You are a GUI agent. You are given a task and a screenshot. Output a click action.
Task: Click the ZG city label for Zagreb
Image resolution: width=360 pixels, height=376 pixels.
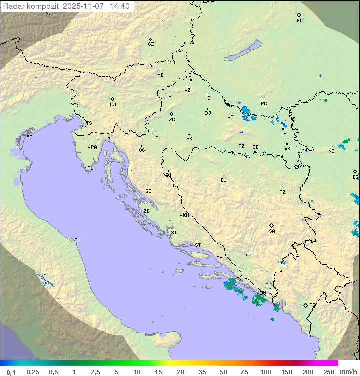point(172,120)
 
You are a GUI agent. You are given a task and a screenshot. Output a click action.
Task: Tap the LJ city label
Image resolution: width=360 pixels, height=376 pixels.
point(113,105)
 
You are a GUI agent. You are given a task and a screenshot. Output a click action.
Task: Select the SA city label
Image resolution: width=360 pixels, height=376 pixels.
point(272,231)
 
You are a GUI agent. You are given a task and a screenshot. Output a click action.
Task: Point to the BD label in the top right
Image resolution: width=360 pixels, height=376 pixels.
point(299,21)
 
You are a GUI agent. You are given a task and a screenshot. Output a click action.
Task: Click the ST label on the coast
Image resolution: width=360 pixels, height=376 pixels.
point(198,245)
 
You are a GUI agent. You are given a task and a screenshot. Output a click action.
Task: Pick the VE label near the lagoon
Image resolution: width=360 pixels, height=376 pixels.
point(29,136)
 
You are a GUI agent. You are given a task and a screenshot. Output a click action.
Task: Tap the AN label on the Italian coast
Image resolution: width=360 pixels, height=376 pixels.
point(77,240)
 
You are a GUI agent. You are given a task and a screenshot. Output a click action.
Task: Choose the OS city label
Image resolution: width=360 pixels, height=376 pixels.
point(283,134)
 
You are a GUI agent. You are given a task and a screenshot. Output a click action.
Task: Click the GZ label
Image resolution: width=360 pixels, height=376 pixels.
point(151,44)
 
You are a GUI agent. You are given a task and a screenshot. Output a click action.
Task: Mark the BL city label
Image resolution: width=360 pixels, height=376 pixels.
point(223,180)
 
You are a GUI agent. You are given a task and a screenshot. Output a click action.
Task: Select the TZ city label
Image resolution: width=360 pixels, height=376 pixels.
point(283,192)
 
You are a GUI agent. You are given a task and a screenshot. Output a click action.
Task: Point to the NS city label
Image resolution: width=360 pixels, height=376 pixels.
point(331,151)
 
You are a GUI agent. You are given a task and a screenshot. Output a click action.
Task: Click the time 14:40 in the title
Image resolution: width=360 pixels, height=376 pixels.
point(120,6)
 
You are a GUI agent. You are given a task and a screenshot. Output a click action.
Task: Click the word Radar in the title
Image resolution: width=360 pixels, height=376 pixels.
point(13,6)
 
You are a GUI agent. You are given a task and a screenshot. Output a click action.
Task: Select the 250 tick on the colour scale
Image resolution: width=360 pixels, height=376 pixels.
point(329,372)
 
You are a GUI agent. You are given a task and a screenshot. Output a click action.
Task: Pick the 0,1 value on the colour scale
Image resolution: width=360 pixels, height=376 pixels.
point(11,372)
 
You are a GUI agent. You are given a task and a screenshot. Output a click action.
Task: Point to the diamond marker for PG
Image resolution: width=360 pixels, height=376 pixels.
point(305,305)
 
